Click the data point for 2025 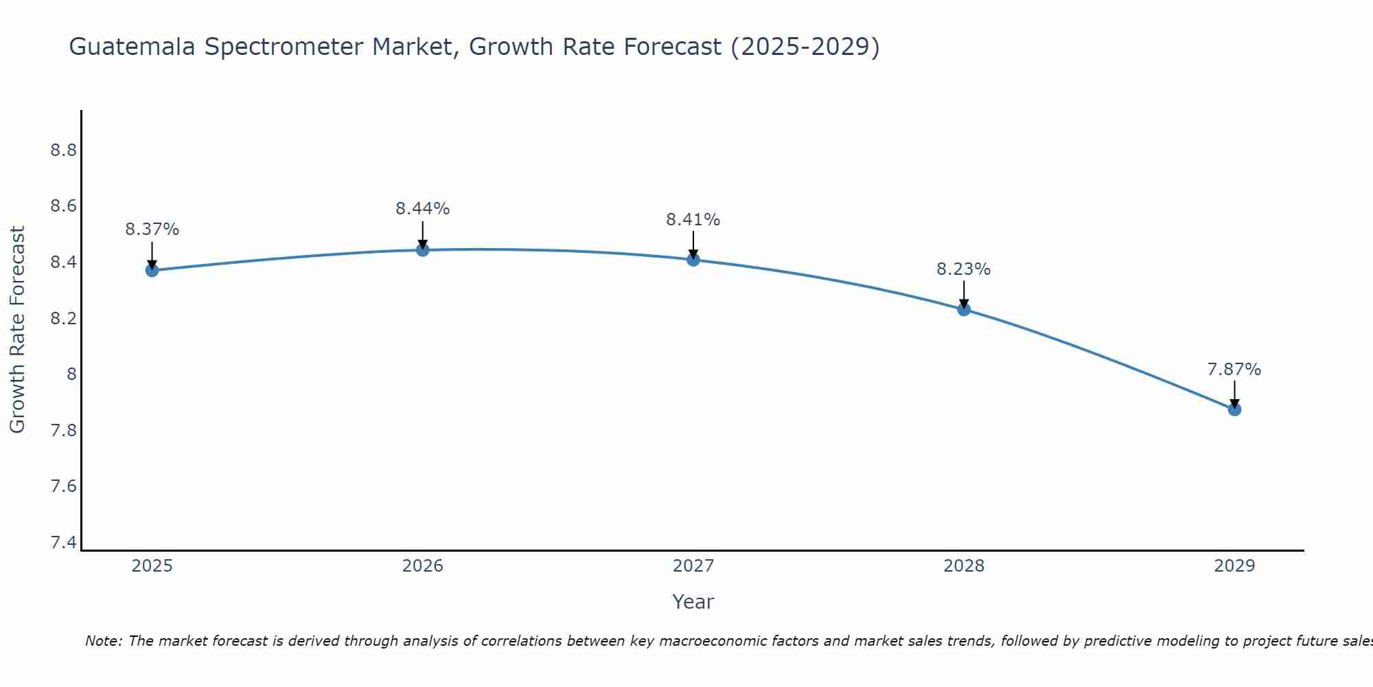coord(152,270)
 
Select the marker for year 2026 coord(422,250)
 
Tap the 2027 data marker coord(693,259)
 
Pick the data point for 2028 coord(964,309)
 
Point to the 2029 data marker coord(1234,409)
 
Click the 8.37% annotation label coord(152,229)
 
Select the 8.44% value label coord(422,209)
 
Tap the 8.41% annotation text coord(693,220)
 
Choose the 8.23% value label coord(964,269)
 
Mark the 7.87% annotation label coord(1234,370)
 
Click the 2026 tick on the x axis coord(422,566)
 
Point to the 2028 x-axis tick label coord(964,566)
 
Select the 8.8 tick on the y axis coord(63,150)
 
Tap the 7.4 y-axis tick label coord(63,543)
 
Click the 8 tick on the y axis coord(71,374)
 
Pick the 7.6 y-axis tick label coord(63,486)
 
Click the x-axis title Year coord(693,602)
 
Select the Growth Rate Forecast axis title coord(17,330)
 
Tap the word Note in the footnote coord(102,641)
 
